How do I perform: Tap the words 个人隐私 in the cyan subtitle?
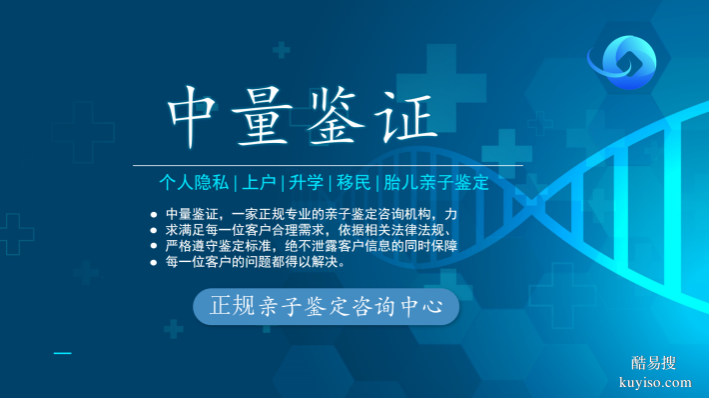[x=194, y=183]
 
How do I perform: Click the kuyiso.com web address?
[x=655, y=382]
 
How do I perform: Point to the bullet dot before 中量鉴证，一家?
[x=153, y=215]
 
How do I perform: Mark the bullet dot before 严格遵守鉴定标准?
[x=153, y=247]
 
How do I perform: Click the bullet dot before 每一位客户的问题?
[x=153, y=263]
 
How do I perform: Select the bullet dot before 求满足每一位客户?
[x=153, y=231]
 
